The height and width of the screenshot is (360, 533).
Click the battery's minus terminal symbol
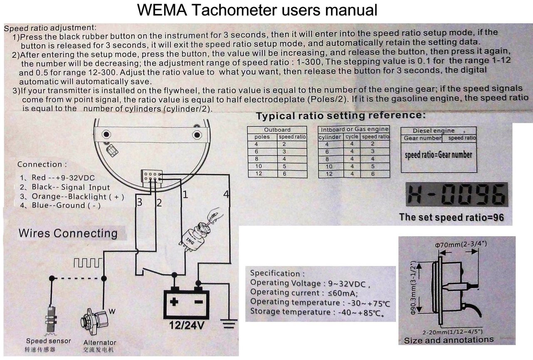point(200,302)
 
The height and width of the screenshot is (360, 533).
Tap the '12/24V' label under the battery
point(187,325)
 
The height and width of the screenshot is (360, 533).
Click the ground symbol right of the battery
point(229,322)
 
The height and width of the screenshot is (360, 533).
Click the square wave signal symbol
point(87,263)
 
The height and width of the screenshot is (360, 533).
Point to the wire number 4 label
point(226,194)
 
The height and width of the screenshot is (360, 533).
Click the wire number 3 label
point(140,203)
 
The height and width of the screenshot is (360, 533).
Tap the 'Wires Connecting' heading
point(68,233)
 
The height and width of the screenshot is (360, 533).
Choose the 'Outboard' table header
point(277,129)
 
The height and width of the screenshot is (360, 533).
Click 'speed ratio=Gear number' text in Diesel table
point(438,155)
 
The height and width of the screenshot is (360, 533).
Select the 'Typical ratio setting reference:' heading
point(341,116)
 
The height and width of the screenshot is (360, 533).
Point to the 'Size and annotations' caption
point(448,340)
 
